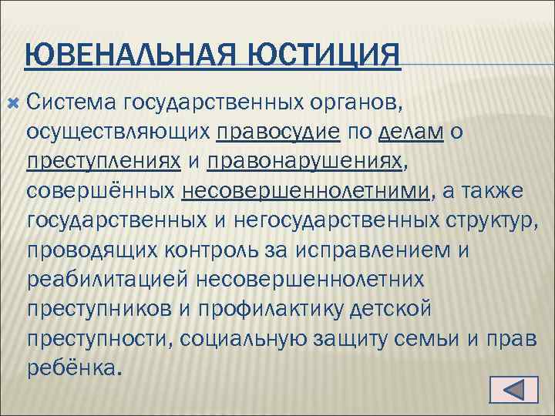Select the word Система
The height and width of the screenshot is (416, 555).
(70, 102)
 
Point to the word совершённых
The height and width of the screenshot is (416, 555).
(102, 190)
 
